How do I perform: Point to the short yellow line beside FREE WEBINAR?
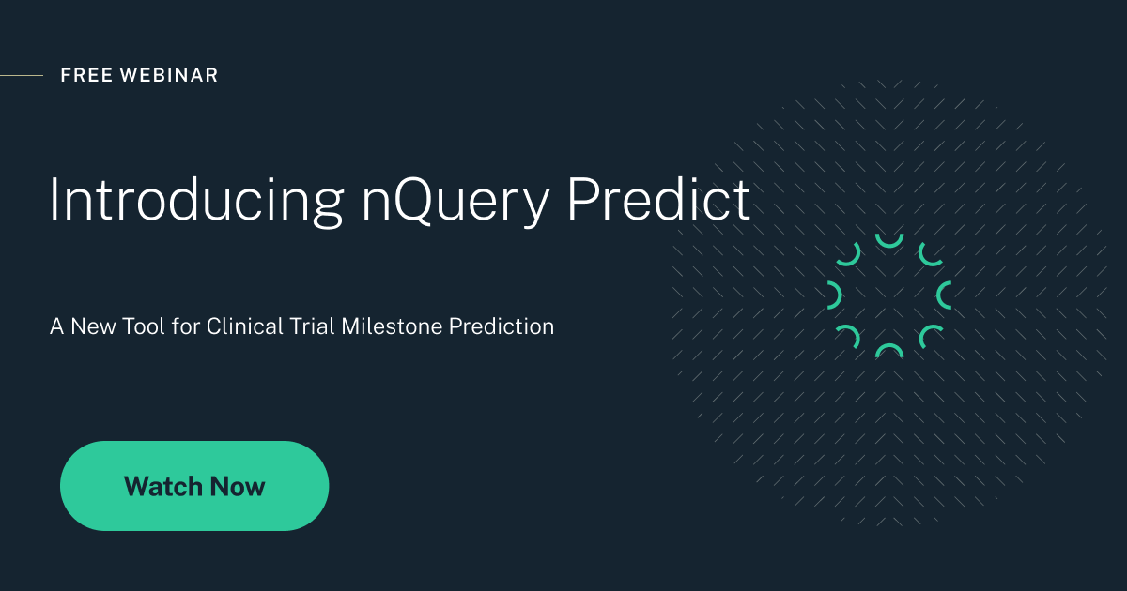21,75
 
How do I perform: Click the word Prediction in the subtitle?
502,327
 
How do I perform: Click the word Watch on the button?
163,487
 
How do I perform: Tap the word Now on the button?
238,487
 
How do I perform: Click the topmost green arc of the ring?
888,241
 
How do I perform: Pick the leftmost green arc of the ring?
834,295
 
